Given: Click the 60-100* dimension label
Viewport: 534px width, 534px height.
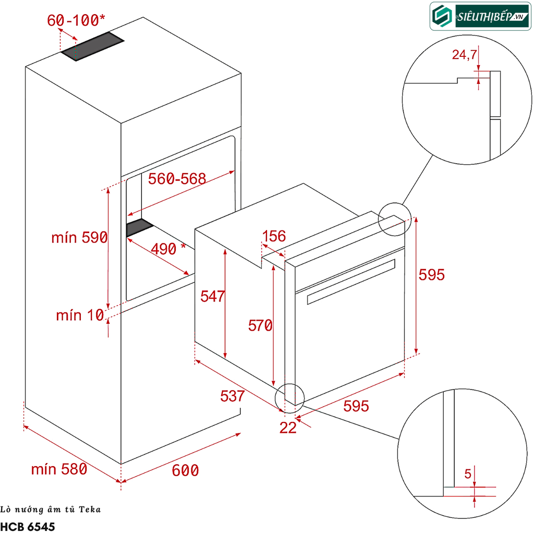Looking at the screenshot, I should (76, 21).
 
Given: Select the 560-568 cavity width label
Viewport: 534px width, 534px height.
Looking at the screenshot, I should (177, 179).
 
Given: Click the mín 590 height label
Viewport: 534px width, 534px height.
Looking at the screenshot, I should (79, 238).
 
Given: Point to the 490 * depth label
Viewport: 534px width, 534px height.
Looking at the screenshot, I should (168, 249).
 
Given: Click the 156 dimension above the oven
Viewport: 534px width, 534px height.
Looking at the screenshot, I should (274, 237).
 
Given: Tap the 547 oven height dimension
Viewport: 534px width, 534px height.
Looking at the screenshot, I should (212, 296).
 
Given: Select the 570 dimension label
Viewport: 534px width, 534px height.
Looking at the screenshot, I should (260, 326).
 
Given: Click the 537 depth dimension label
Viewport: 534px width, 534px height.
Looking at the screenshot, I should (232, 396).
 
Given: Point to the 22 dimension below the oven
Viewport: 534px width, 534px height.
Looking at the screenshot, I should (288, 428).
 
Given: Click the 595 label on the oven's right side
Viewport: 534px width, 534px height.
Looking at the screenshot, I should (432, 275).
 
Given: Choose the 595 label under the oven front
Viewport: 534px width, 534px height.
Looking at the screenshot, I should (356, 406).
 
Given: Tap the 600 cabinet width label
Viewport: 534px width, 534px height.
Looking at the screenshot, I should (186, 470).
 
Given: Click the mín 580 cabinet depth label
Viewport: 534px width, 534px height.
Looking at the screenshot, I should (58, 469).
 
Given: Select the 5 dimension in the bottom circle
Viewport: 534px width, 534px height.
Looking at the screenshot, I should (468, 474).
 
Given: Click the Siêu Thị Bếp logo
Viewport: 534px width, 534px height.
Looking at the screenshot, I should (480, 16).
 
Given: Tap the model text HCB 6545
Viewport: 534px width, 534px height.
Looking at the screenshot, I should (28, 526).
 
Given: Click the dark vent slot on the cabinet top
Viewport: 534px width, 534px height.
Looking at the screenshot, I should (93, 46).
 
